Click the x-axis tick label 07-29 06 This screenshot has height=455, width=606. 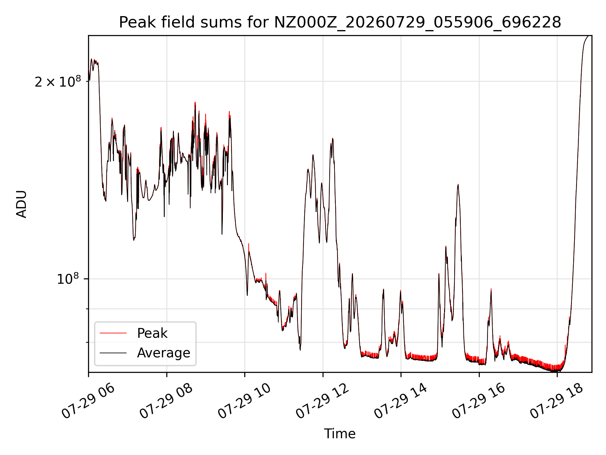[x=88, y=401]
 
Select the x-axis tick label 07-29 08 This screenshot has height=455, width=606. [x=166, y=401]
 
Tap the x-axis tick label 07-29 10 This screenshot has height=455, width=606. [x=244, y=401]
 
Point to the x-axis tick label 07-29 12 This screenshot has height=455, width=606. [x=322, y=401]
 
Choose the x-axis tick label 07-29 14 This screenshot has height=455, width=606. [x=401, y=401]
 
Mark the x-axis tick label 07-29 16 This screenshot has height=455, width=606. [x=478, y=401]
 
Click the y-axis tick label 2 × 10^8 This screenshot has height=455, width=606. [x=58, y=82]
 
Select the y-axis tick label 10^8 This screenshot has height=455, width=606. [x=68, y=279]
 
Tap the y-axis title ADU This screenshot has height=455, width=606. [x=21, y=204]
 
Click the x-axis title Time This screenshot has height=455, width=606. [x=340, y=434]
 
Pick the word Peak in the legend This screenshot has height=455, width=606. [x=152, y=333]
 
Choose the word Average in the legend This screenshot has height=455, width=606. [x=163, y=353]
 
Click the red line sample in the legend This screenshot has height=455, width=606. [x=113, y=333]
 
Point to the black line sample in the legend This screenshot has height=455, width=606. [x=113, y=353]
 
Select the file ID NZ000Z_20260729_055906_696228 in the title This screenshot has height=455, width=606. [x=418, y=22]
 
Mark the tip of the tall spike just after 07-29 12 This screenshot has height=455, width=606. [x=332, y=138]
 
